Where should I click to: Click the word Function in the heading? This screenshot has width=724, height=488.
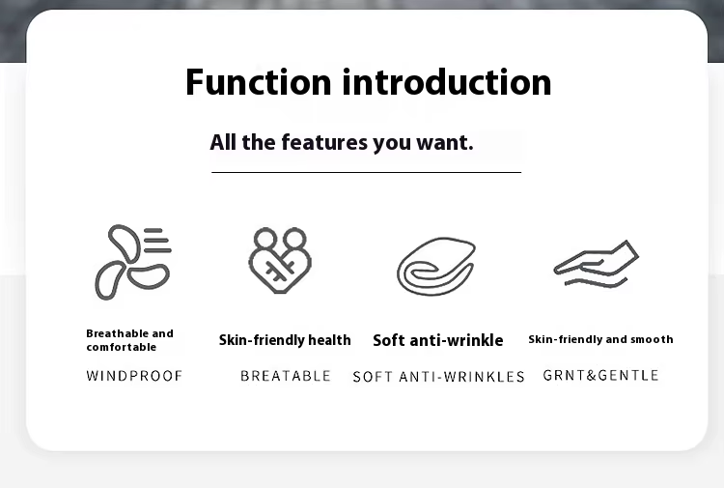pos(258,82)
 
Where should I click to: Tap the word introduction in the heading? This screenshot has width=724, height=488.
pos(447,82)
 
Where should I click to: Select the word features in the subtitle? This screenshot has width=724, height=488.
pos(324,142)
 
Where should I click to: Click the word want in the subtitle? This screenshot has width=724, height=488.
pos(445,143)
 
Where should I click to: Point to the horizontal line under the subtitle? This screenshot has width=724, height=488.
pos(366,172)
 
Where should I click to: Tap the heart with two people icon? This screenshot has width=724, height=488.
pos(280,260)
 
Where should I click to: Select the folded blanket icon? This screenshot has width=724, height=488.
pos(436,267)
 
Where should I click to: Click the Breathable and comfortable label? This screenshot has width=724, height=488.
pos(129,340)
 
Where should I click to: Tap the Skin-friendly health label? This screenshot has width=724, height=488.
pos(285,340)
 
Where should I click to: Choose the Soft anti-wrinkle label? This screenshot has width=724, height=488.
pos(437,340)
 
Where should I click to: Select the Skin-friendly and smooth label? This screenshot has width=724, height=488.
pos(600,339)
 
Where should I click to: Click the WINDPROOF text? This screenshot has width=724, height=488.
pos(134,376)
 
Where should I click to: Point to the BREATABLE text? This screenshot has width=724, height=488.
pos(286,376)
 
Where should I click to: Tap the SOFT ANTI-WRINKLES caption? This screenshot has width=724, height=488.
pos(438,377)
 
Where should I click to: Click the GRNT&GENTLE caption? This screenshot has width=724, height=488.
pos(600,375)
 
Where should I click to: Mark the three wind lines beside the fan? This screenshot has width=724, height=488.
pos(157,241)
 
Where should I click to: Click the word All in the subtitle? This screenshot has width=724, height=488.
pos(223,142)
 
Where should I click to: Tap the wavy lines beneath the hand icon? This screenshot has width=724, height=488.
pos(596,282)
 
